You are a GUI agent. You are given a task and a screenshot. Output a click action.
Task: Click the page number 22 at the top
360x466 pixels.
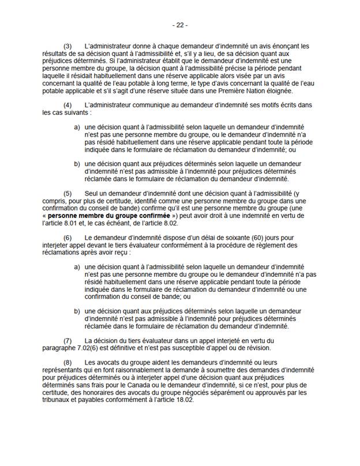pos(180,26)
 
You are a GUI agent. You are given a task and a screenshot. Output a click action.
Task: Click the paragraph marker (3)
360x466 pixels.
pos(67,46)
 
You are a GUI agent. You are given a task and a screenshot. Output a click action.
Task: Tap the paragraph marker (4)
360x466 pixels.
pos(67,104)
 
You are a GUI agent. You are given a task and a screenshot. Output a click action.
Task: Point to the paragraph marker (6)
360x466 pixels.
pos(67,237)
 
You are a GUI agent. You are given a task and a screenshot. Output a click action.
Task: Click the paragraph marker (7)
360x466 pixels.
pos(67,341)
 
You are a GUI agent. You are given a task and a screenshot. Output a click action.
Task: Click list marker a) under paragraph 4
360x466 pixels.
pos(77,126)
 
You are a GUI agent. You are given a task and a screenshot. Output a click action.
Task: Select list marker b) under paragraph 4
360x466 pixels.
pos(77,163)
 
